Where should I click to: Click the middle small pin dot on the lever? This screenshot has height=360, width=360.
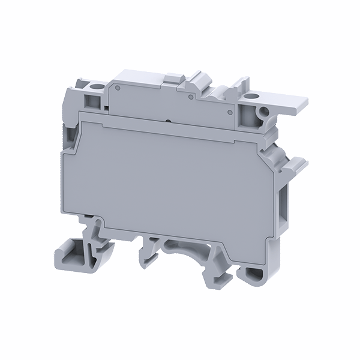[190, 96]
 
